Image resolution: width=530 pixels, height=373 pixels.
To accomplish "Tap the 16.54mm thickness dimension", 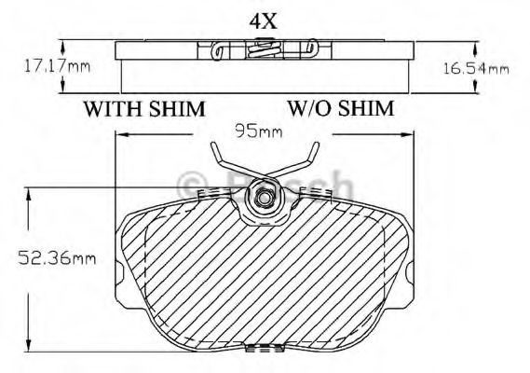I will tap(474, 68).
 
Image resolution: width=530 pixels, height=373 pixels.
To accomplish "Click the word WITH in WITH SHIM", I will tap(116, 108).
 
